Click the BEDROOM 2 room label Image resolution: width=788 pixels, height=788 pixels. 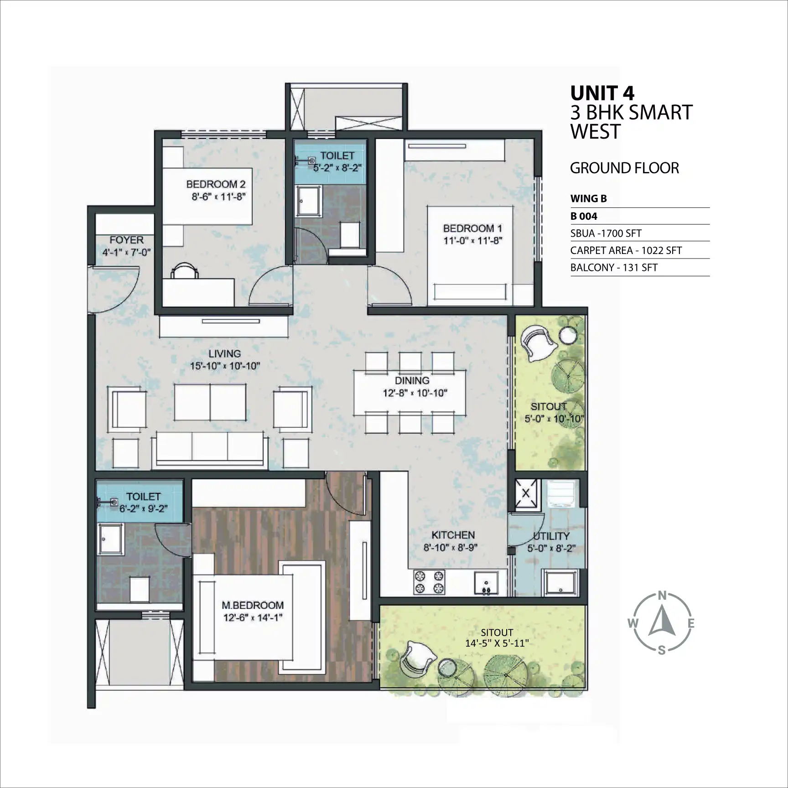click(x=216, y=184)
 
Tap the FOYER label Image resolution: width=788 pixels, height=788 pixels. click(x=126, y=240)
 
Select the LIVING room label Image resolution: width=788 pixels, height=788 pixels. click(x=225, y=353)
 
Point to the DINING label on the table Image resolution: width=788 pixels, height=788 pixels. click(x=412, y=380)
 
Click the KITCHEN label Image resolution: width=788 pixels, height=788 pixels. click(x=453, y=535)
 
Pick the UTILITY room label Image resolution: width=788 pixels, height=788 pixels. click(x=551, y=536)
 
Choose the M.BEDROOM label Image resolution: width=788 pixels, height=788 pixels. click(x=253, y=605)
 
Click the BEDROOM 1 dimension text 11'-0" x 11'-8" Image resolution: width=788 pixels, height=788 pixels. click(x=473, y=240)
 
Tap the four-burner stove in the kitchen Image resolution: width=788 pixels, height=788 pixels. click(x=429, y=582)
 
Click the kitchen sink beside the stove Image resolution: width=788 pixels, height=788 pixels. click(x=486, y=583)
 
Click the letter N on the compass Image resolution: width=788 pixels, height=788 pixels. click(x=662, y=596)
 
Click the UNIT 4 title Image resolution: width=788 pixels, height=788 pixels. click(x=602, y=93)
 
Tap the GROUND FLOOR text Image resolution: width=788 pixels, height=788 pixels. click(x=624, y=168)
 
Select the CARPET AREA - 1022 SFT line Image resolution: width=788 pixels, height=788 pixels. click(x=626, y=250)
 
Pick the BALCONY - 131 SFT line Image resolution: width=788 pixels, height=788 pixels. click(x=614, y=268)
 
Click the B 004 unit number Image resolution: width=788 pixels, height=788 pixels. click(x=584, y=216)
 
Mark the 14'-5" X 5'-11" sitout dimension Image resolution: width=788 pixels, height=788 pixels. click(x=497, y=643)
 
